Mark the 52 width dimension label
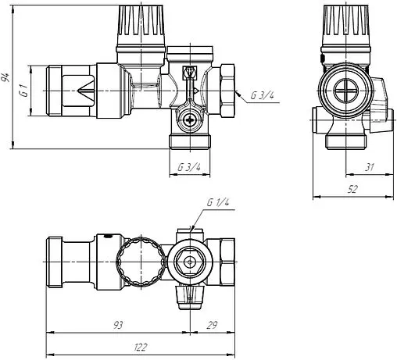tap(353, 188)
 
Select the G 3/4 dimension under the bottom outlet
tap(189, 167)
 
